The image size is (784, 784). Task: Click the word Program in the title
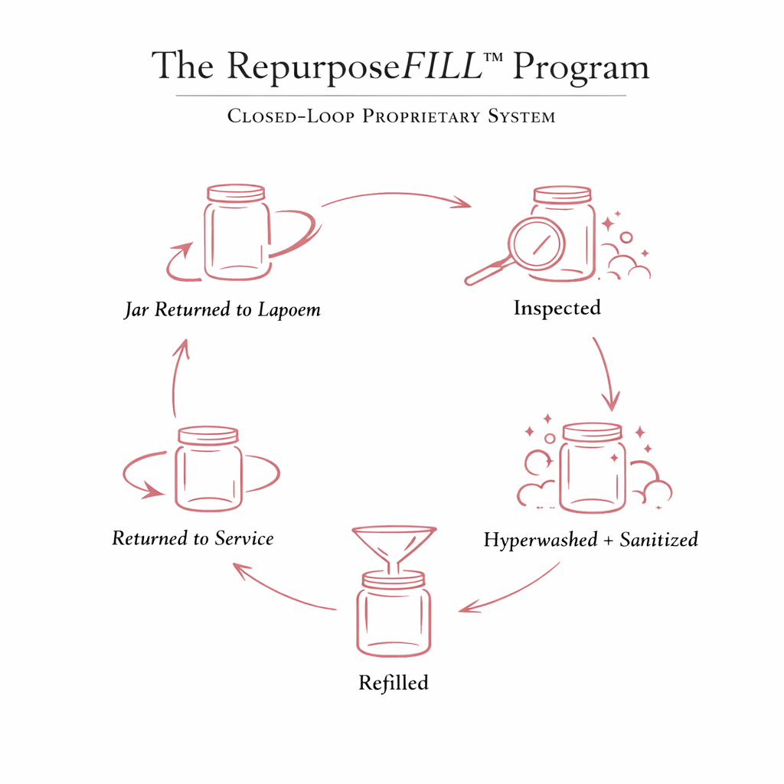[x=580, y=67]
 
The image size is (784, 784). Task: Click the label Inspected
[x=557, y=308]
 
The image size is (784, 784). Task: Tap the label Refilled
[x=394, y=682]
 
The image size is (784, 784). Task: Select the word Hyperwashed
[x=540, y=540]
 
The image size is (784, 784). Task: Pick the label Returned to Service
[x=193, y=538]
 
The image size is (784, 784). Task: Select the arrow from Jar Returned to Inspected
[x=395, y=197]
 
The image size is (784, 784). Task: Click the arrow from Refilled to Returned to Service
[x=283, y=590]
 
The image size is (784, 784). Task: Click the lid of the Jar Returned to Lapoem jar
[x=237, y=191]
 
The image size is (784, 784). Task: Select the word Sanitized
[x=658, y=540]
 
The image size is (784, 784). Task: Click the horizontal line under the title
[x=400, y=96]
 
